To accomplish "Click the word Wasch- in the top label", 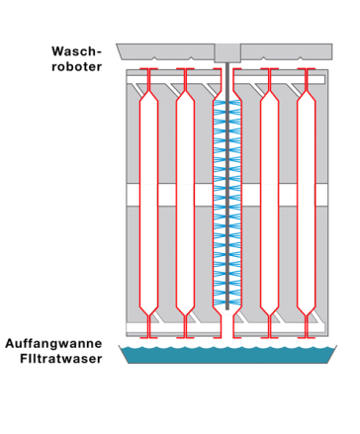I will pos(77,51).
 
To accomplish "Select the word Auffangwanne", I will pos(54,343).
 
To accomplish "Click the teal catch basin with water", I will pos(226,355).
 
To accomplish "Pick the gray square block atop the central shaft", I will pos(227,52).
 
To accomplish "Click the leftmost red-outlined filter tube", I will pos(148,198).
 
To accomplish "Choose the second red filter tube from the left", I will pos(185,198).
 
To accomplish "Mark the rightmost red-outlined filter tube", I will pos(307,198).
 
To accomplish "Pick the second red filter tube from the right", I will pos(269,198).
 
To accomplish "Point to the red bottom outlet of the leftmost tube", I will pos(148,327).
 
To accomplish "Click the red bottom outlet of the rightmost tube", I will pos(307,327).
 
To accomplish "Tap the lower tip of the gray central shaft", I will pos(227,308).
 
